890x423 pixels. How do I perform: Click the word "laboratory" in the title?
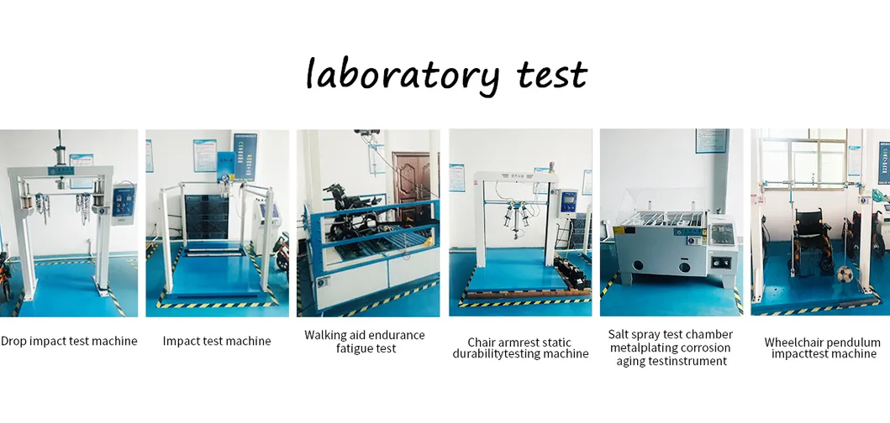click(402, 74)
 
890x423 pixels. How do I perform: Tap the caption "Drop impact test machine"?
click(69, 341)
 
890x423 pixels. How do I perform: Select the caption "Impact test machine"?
click(217, 341)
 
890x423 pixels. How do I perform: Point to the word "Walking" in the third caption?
click(325, 335)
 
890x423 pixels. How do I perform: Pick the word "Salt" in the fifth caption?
click(620, 334)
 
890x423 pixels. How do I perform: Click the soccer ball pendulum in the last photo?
click(842, 273)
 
